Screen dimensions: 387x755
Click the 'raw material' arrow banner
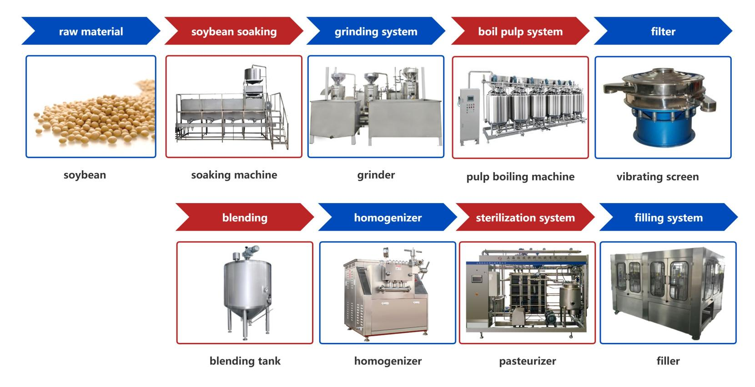point(91,31)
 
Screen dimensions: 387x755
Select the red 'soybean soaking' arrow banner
point(234,31)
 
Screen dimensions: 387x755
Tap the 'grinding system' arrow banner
point(376,31)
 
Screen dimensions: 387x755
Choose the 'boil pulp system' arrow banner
point(520,31)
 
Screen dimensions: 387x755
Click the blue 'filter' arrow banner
point(663,31)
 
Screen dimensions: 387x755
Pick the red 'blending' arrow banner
point(245,218)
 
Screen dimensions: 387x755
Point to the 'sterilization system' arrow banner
point(525,218)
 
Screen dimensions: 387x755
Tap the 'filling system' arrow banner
point(669,218)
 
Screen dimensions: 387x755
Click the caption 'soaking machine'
point(234,175)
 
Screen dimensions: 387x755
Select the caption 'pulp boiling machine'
point(520,177)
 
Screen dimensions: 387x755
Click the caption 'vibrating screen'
point(658,177)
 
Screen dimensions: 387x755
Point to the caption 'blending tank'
point(245,361)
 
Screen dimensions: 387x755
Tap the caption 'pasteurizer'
point(528,361)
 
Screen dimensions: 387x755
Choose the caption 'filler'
point(668,361)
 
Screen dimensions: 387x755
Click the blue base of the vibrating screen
point(663,129)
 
